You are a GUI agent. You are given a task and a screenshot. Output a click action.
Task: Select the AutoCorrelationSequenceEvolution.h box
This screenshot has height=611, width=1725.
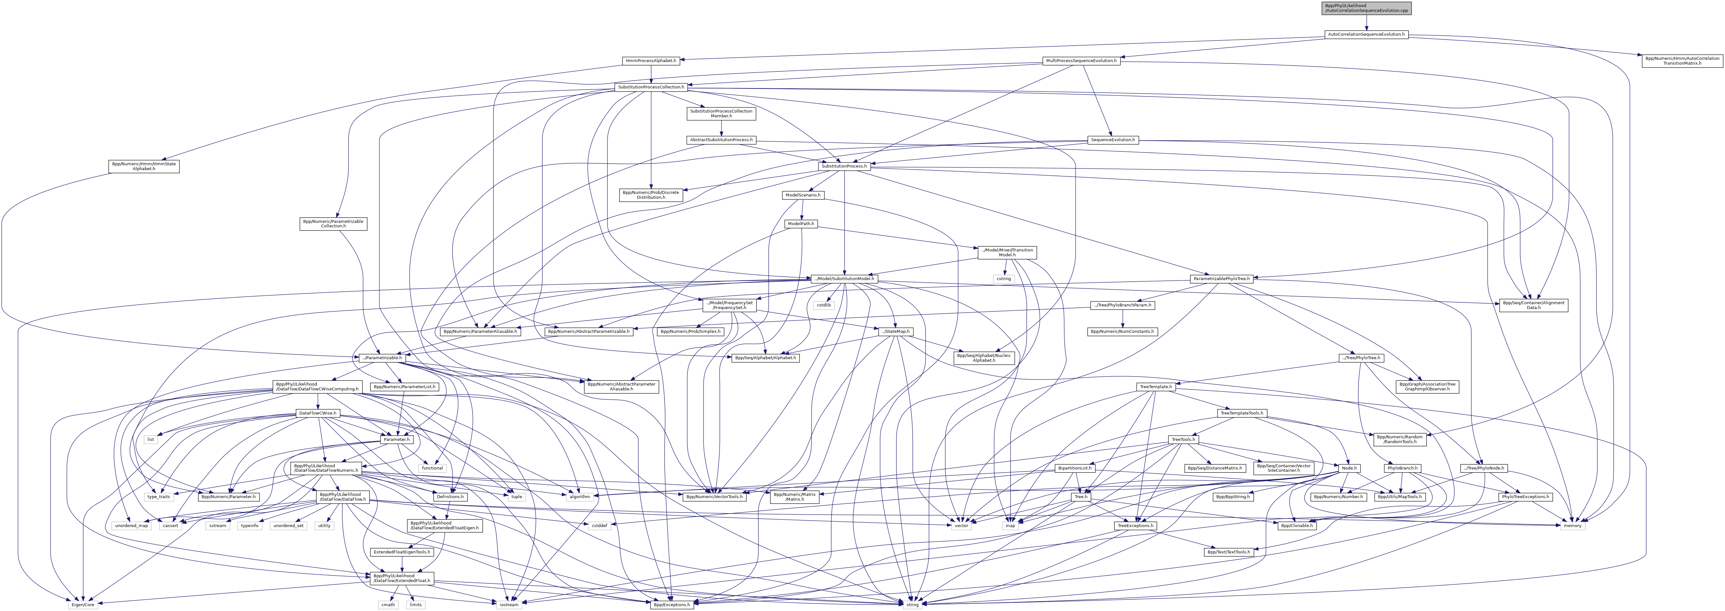point(1366,34)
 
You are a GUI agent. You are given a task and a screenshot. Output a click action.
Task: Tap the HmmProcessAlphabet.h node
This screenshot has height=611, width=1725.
point(651,61)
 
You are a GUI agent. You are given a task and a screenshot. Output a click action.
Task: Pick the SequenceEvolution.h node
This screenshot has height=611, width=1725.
point(1112,140)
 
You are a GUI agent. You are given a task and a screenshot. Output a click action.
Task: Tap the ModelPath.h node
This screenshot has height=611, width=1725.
point(801,224)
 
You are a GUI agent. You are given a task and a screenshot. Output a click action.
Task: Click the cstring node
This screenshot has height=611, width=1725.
point(1003,279)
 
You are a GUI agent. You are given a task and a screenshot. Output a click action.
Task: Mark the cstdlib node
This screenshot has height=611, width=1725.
point(823,305)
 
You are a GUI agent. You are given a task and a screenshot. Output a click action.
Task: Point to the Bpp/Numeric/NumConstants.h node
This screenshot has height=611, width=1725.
point(1122,332)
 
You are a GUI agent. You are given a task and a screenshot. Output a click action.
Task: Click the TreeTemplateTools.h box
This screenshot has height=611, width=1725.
point(1241,413)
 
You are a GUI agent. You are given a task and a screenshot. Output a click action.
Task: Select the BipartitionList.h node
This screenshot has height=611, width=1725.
point(1075,468)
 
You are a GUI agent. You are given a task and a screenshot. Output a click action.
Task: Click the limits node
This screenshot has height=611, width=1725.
point(415,604)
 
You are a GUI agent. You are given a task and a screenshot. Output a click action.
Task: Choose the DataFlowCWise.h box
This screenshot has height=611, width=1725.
point(317,413)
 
